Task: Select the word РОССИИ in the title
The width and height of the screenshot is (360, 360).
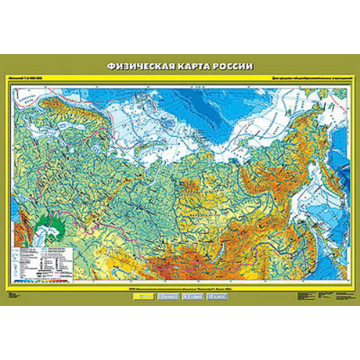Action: click(x=232, y=66)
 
